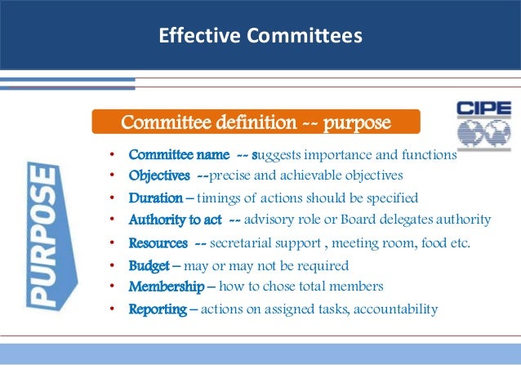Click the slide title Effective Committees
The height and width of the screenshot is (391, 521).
pos(260,36)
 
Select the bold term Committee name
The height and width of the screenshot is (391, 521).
pos(171,155)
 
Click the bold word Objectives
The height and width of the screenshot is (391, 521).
pos(161,176)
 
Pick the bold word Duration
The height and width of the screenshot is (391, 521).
pos(156,198)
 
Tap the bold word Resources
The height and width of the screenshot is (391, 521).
pos(158,242)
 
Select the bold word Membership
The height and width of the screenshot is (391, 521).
pos(167,287)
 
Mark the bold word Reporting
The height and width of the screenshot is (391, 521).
pos(158,309)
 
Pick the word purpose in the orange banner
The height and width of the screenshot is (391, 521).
pos(357,122)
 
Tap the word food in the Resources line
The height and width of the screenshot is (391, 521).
pos(436,242)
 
